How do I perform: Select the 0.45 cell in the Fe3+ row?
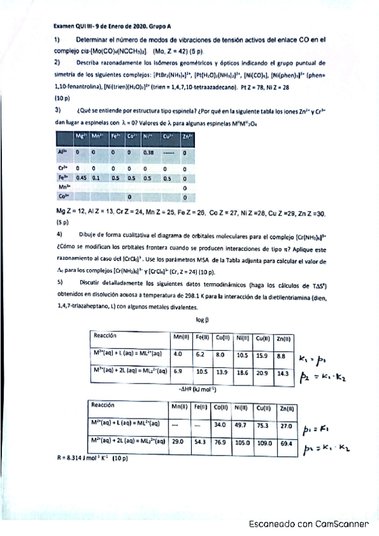tap(81, 178)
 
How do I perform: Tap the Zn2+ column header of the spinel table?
tap(187, 136)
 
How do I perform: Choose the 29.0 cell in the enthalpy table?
tap(179, 442)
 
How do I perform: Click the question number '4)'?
tap(58, 233)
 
